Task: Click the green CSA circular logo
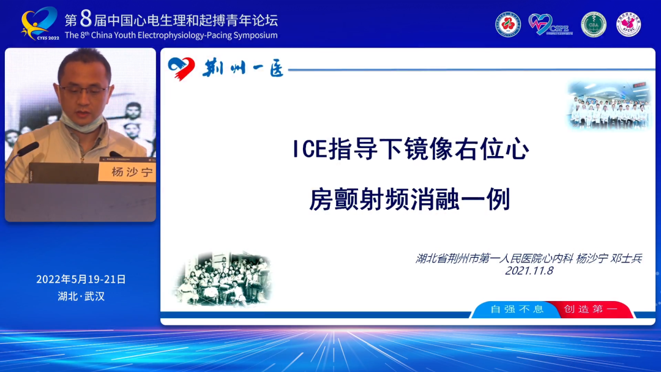tap(593, 24)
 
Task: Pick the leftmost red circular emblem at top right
tap(508, 24)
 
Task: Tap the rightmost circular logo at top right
tap(629, 24)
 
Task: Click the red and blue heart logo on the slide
tap(181, 67)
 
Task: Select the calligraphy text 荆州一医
tap(243, 68)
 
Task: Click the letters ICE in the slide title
tap(311, 150)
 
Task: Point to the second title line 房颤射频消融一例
tap(409, 199)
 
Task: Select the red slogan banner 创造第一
tap(591, 309)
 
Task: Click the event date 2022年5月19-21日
tap(81, 279)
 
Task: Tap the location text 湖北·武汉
tap(81, 296)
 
